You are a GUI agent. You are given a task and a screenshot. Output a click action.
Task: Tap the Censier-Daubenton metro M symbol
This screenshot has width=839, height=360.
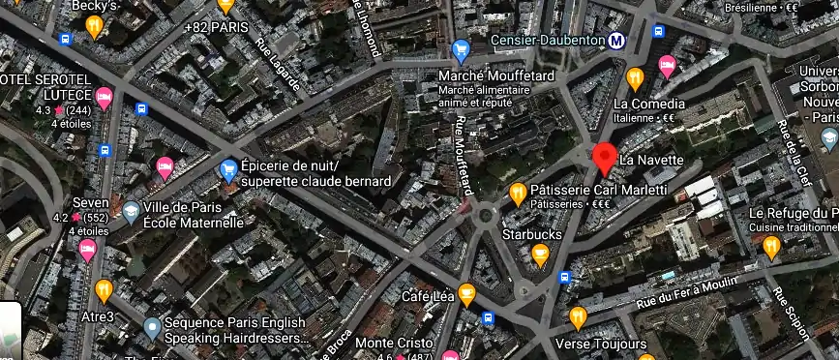pyautogui.click(x=615, y=41)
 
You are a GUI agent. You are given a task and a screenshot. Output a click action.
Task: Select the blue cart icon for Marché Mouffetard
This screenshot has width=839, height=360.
pyautogui.click(x=462, y=50)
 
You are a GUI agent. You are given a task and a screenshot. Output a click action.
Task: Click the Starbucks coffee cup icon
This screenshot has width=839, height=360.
pyautogui.click(x=540, y=255)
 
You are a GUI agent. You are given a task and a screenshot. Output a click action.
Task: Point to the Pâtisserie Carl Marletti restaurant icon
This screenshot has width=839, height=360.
pyautogui.click(x=518, y=192)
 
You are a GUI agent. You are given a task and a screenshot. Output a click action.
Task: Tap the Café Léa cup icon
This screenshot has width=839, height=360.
pyautogui.click(x=466, y=292)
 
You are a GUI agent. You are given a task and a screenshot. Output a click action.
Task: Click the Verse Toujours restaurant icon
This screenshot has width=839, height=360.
pyautogui.click(x=578, y=316)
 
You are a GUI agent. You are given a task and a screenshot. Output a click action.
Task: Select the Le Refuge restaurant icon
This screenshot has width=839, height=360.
pyautogui.click(x=771, y=247)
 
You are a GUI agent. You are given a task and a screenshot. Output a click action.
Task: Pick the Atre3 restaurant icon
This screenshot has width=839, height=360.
pyautogui.click(x=104, y=289)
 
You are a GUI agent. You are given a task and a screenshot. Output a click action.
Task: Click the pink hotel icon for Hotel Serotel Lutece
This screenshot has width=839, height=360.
pyautogui.click(x=104, y=97)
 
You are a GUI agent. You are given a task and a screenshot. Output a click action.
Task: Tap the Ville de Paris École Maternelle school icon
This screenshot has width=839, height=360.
pyautogui.click(x=130, y=210)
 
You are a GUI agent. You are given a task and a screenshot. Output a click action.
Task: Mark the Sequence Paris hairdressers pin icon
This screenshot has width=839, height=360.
pyautogui.click(x=151, y=328)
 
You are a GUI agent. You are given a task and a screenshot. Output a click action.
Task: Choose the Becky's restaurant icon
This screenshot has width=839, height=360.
pyautogui.click(x=94, y=26)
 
